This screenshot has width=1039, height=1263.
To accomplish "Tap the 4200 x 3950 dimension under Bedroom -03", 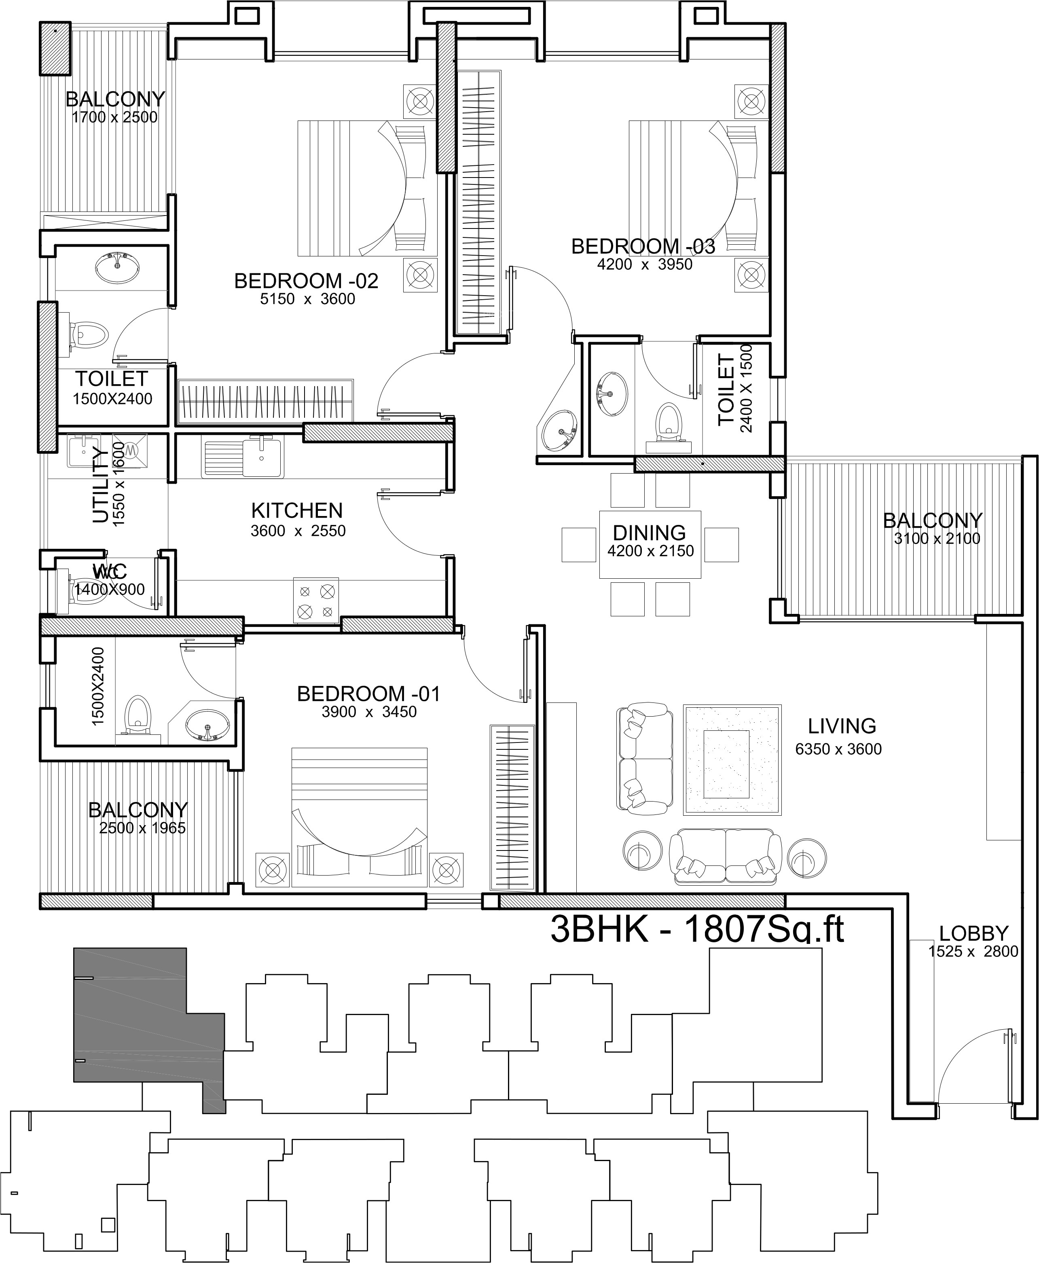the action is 645,264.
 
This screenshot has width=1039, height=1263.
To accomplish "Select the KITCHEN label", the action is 297,511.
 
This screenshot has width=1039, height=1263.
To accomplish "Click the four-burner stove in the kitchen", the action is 316,601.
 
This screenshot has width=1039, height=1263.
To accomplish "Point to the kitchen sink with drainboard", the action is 242,459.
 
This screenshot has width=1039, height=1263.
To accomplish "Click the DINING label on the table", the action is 650,533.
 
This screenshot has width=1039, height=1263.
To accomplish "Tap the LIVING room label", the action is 842,726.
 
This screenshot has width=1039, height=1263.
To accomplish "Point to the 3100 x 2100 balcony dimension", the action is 937,539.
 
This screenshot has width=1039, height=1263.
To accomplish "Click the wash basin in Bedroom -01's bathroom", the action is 207,725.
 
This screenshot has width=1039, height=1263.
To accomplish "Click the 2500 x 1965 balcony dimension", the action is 142,828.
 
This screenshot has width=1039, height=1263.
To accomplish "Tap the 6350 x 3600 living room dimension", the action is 838,749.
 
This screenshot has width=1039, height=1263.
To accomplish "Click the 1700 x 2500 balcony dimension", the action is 114,117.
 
